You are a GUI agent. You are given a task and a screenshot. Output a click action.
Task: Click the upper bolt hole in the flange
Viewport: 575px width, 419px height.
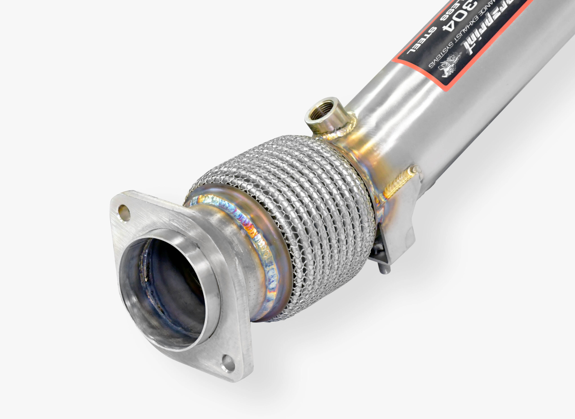pyautogui.click(x=124, y=209)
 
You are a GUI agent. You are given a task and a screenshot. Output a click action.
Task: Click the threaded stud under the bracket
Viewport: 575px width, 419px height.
pyautogui.click(x=383, y=269)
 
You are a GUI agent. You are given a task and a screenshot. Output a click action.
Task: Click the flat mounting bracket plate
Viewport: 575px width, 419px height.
pyautogui.click(x=399, y=228)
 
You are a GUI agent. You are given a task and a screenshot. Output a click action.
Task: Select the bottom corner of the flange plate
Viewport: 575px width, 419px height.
pyautogui.click(x=236, y=378)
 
